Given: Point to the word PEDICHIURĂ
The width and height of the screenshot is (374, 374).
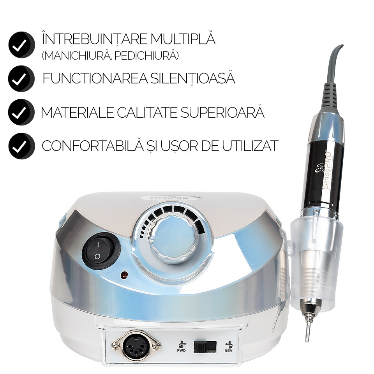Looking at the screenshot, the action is [146, 56].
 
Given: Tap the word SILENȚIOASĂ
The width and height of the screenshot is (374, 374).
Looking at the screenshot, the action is [193, 78].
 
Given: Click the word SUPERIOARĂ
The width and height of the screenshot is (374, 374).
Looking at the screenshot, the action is [222, 112].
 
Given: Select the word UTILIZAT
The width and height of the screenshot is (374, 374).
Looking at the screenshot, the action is [251, 146].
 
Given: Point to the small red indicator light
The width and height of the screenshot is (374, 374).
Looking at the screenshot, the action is [124, 275].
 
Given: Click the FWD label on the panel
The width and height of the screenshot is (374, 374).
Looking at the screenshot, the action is [181, 350].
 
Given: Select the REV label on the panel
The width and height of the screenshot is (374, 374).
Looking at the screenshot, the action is [229, 350].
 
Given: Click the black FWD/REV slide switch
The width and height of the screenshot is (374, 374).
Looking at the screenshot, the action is [205, 347].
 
